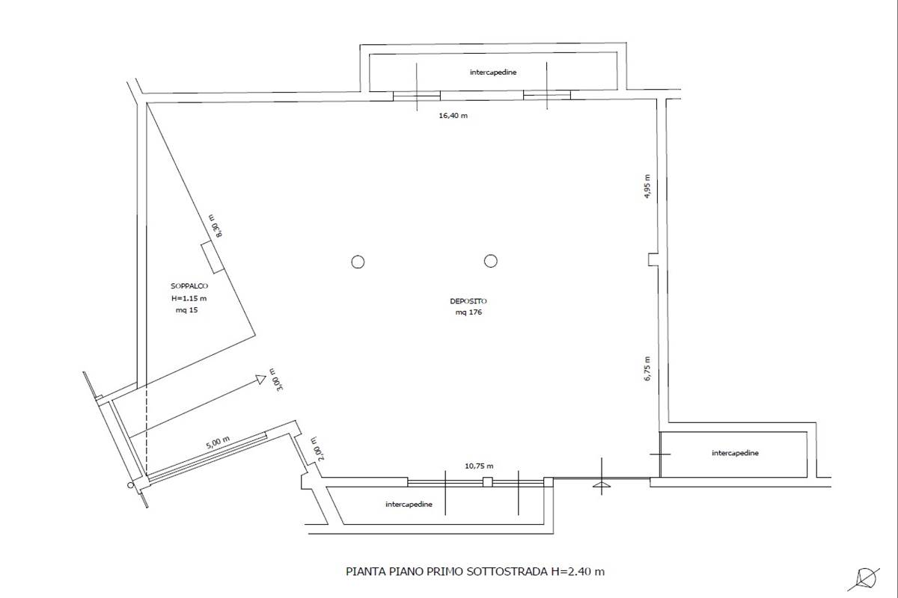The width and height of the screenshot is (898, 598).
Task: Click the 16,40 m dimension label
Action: (x=453, y=116)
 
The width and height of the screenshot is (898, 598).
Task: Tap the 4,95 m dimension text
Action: (x=647, y=186)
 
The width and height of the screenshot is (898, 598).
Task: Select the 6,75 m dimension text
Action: (x=647, y=369)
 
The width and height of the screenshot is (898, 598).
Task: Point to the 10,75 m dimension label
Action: (x=479, y=466)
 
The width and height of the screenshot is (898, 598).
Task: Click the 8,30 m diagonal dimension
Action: (x=216, y=226)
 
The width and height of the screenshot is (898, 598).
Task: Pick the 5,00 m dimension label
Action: (x=218, y=443)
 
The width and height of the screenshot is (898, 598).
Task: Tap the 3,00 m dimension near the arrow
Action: (x=278, y=379)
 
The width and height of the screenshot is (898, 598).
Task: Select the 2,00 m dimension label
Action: (x=319, y=449)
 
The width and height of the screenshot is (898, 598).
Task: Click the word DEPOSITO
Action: (x=468, y=301)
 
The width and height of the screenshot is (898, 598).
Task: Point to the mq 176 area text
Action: (x=468, y=312)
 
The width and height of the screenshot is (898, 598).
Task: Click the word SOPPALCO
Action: (x=189, y=286)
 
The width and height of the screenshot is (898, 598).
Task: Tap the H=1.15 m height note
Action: (x=189, y=298)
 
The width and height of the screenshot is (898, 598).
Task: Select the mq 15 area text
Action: (x=187, y=310)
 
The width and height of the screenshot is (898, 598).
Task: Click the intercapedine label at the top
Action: (x=493, y=72)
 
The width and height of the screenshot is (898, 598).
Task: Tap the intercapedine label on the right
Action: (x=735, y=453)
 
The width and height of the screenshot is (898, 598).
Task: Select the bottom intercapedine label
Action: (x=409, y=505)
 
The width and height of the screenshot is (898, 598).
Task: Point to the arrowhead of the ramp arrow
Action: (x=261, y=379)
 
